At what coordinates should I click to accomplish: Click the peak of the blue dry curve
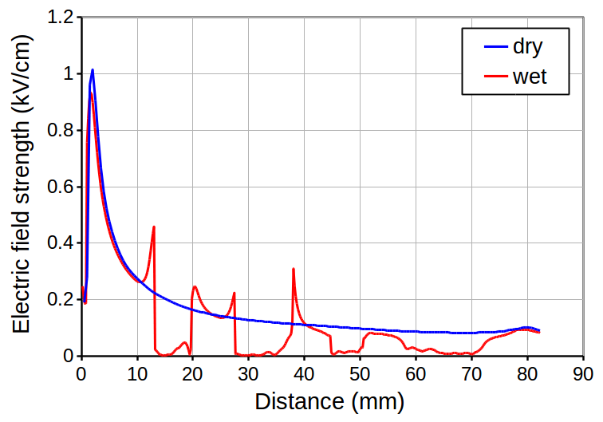(x=93, y=70)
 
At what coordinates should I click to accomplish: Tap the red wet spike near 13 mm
(x=154, y=227)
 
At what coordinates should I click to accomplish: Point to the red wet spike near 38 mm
(x=294, y=269)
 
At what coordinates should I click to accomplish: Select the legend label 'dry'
(x=527, y=47)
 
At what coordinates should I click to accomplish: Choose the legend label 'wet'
(x=529, y=77)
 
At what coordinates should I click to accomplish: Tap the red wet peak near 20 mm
(x=195, y=286)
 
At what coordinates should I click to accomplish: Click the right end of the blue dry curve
(x=539, y=330)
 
